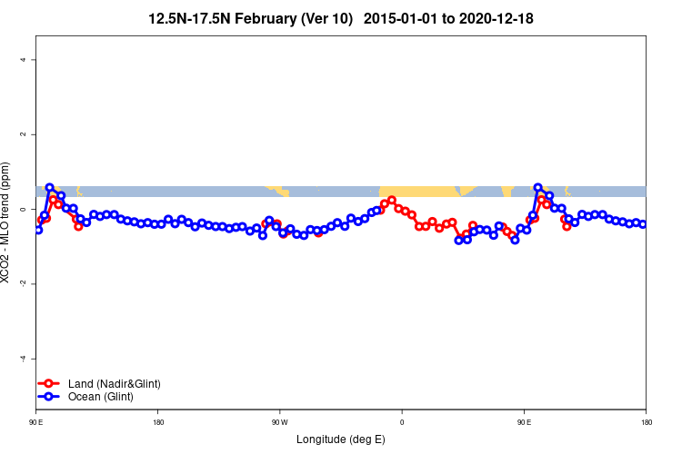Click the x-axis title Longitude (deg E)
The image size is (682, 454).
(x=341, y=439)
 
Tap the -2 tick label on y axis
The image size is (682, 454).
(x=24, y=283)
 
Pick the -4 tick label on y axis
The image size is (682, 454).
(x=24, y=358)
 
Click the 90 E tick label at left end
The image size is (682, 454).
(x=36, y=422)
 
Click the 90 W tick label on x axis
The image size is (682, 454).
(x=279, y=422)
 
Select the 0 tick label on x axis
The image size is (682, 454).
(x=402, y=422)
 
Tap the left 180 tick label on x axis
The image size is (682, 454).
(x=158, y=422)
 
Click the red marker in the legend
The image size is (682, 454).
(x=50, y=384)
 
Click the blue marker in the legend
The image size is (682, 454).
(x=50, y=397)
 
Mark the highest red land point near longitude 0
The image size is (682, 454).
(x=392, y=200)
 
